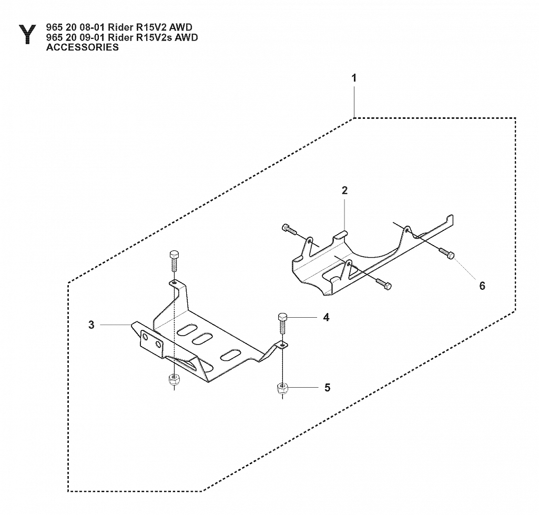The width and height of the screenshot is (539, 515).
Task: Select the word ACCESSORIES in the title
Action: [83, 47]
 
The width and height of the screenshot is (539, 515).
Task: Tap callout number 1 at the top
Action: [354, 78]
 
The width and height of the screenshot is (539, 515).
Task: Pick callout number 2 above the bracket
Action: [344, 190]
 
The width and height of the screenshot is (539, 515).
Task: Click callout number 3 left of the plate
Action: [91, 325]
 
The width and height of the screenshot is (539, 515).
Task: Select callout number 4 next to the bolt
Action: [326, 317]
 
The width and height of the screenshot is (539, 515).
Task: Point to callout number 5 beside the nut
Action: [327, 388]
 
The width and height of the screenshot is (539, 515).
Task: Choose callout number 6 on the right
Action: [482, 286]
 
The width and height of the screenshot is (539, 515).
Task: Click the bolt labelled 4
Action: [282, 322]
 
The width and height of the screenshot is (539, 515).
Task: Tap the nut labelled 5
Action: [282, 389]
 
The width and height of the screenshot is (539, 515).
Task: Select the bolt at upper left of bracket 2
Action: [289, 229]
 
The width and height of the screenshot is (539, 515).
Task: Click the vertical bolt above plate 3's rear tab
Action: [175, 260]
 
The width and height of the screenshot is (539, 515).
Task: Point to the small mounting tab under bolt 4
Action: [282, 345]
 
